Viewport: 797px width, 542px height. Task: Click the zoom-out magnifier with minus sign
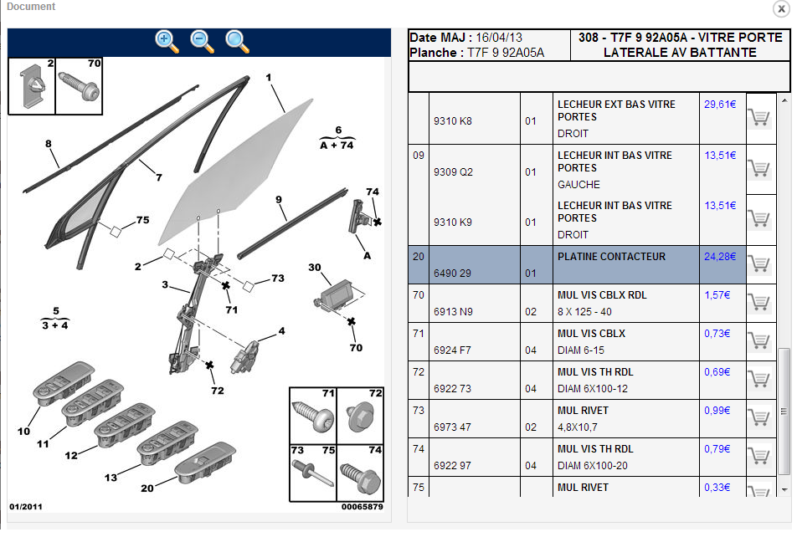click(x=202, y=41)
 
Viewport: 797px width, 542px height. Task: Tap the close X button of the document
click(x=780, y=8)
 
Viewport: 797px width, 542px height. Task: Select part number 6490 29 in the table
click(x=452, y=274)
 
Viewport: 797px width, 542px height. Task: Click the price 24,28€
click(x=719, y=257)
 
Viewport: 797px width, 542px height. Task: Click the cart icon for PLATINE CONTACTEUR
click(x=758, y=263)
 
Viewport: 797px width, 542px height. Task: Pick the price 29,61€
click(x=719, y=105)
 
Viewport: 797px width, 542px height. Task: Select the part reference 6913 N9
click(x=453, y=312)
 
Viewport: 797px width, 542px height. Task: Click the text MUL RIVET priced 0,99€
click(x=584, y=411)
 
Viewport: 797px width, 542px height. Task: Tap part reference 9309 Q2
click(x=453, y=172)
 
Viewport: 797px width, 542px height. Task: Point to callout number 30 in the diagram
click(x=314, y=268)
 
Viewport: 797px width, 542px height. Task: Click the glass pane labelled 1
click(x=234, y=167)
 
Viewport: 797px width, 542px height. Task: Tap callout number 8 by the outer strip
click(x=49, y=144)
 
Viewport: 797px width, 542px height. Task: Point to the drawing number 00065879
click(x=362, y=507)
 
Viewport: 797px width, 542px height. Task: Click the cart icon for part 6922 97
click(x=758, y=456)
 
